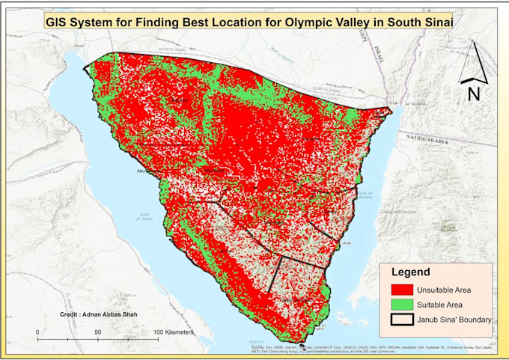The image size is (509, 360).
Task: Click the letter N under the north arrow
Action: [473, 94]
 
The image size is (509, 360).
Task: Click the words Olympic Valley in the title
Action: [323, 22]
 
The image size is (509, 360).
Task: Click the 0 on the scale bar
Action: [37, 331]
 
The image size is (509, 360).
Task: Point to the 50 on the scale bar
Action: [97, 331]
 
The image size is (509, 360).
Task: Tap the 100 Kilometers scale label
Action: [174, 331]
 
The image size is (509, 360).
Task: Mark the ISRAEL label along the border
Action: [379, 50]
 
